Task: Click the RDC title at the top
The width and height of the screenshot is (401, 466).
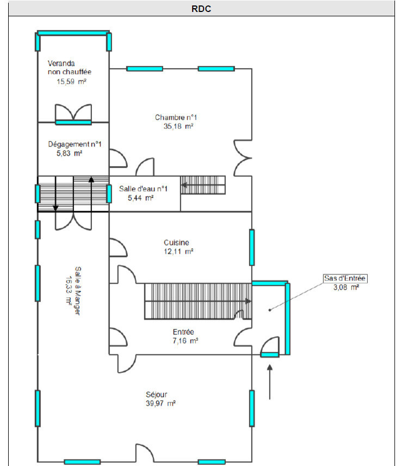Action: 201,9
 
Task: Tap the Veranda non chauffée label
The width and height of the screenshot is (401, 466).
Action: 70,68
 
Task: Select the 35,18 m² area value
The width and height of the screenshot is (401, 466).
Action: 178,126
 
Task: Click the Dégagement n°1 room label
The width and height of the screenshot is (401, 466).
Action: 75,144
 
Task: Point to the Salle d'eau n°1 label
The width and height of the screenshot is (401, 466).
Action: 143,189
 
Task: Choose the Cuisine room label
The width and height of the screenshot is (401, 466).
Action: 176,242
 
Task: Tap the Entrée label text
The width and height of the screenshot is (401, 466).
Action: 183,332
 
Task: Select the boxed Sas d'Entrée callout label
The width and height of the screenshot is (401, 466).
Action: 345,278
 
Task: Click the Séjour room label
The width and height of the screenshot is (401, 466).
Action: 156,395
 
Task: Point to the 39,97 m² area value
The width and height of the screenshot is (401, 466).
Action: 161,403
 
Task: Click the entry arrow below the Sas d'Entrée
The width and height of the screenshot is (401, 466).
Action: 270,382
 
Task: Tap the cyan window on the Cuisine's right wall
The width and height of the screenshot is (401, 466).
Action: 252,247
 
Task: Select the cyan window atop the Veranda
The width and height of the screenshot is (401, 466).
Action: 73,33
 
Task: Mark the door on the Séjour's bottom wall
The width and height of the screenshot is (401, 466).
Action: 145,453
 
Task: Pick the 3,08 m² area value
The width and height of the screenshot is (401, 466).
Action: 346,287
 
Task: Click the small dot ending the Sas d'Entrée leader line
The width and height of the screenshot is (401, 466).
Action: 270,310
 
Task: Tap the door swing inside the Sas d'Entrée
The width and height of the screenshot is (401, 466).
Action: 270,346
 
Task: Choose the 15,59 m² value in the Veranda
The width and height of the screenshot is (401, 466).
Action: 71,82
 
